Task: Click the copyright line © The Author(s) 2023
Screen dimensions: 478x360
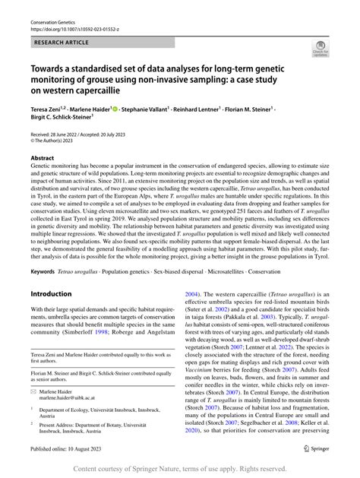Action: [x=58, y=142]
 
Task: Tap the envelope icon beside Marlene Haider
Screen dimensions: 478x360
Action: [x=34, y=389]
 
